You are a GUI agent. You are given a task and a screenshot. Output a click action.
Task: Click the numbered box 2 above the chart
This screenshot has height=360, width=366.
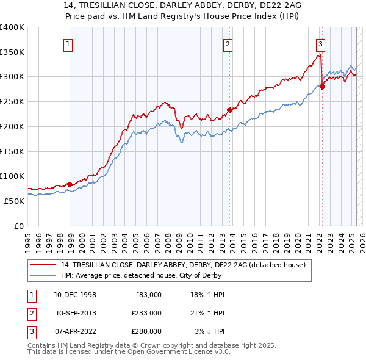[x=228, y=43]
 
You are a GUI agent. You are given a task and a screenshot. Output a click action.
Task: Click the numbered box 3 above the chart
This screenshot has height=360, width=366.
[x=320, y=43]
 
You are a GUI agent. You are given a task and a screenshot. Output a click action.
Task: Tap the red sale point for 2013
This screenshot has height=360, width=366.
[x=230, y=110]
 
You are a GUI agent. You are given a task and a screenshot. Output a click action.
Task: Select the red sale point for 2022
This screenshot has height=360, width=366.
[x=322, y=87]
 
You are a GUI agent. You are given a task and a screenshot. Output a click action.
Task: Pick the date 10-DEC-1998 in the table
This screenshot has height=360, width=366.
[x=74, y=295]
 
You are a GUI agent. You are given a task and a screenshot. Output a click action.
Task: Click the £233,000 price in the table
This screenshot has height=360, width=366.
[x=146, y=313]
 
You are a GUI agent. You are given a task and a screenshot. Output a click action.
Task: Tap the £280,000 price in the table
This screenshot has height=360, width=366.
[x=146, y=331]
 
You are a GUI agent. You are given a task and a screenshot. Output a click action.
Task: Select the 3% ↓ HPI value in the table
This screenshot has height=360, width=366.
[x=209, y=331]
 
